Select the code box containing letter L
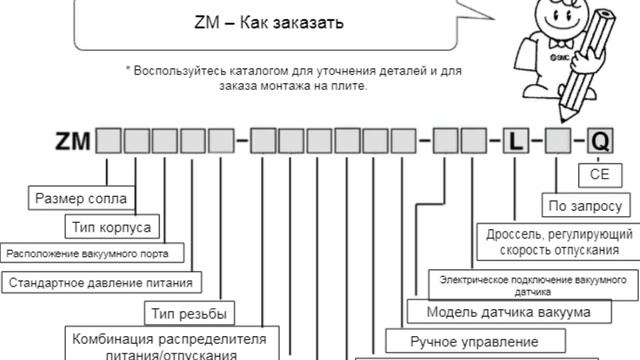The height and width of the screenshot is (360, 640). [x=516, y=141]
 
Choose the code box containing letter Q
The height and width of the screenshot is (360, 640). [x=600, y=141]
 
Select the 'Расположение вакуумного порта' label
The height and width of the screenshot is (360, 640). [x=94, y=252]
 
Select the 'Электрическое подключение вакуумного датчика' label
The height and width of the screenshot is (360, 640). [x=533, y=281]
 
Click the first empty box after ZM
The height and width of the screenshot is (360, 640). [x=108, y=141]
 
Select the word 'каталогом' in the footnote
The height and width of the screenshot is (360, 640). [x=260, y=71]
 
